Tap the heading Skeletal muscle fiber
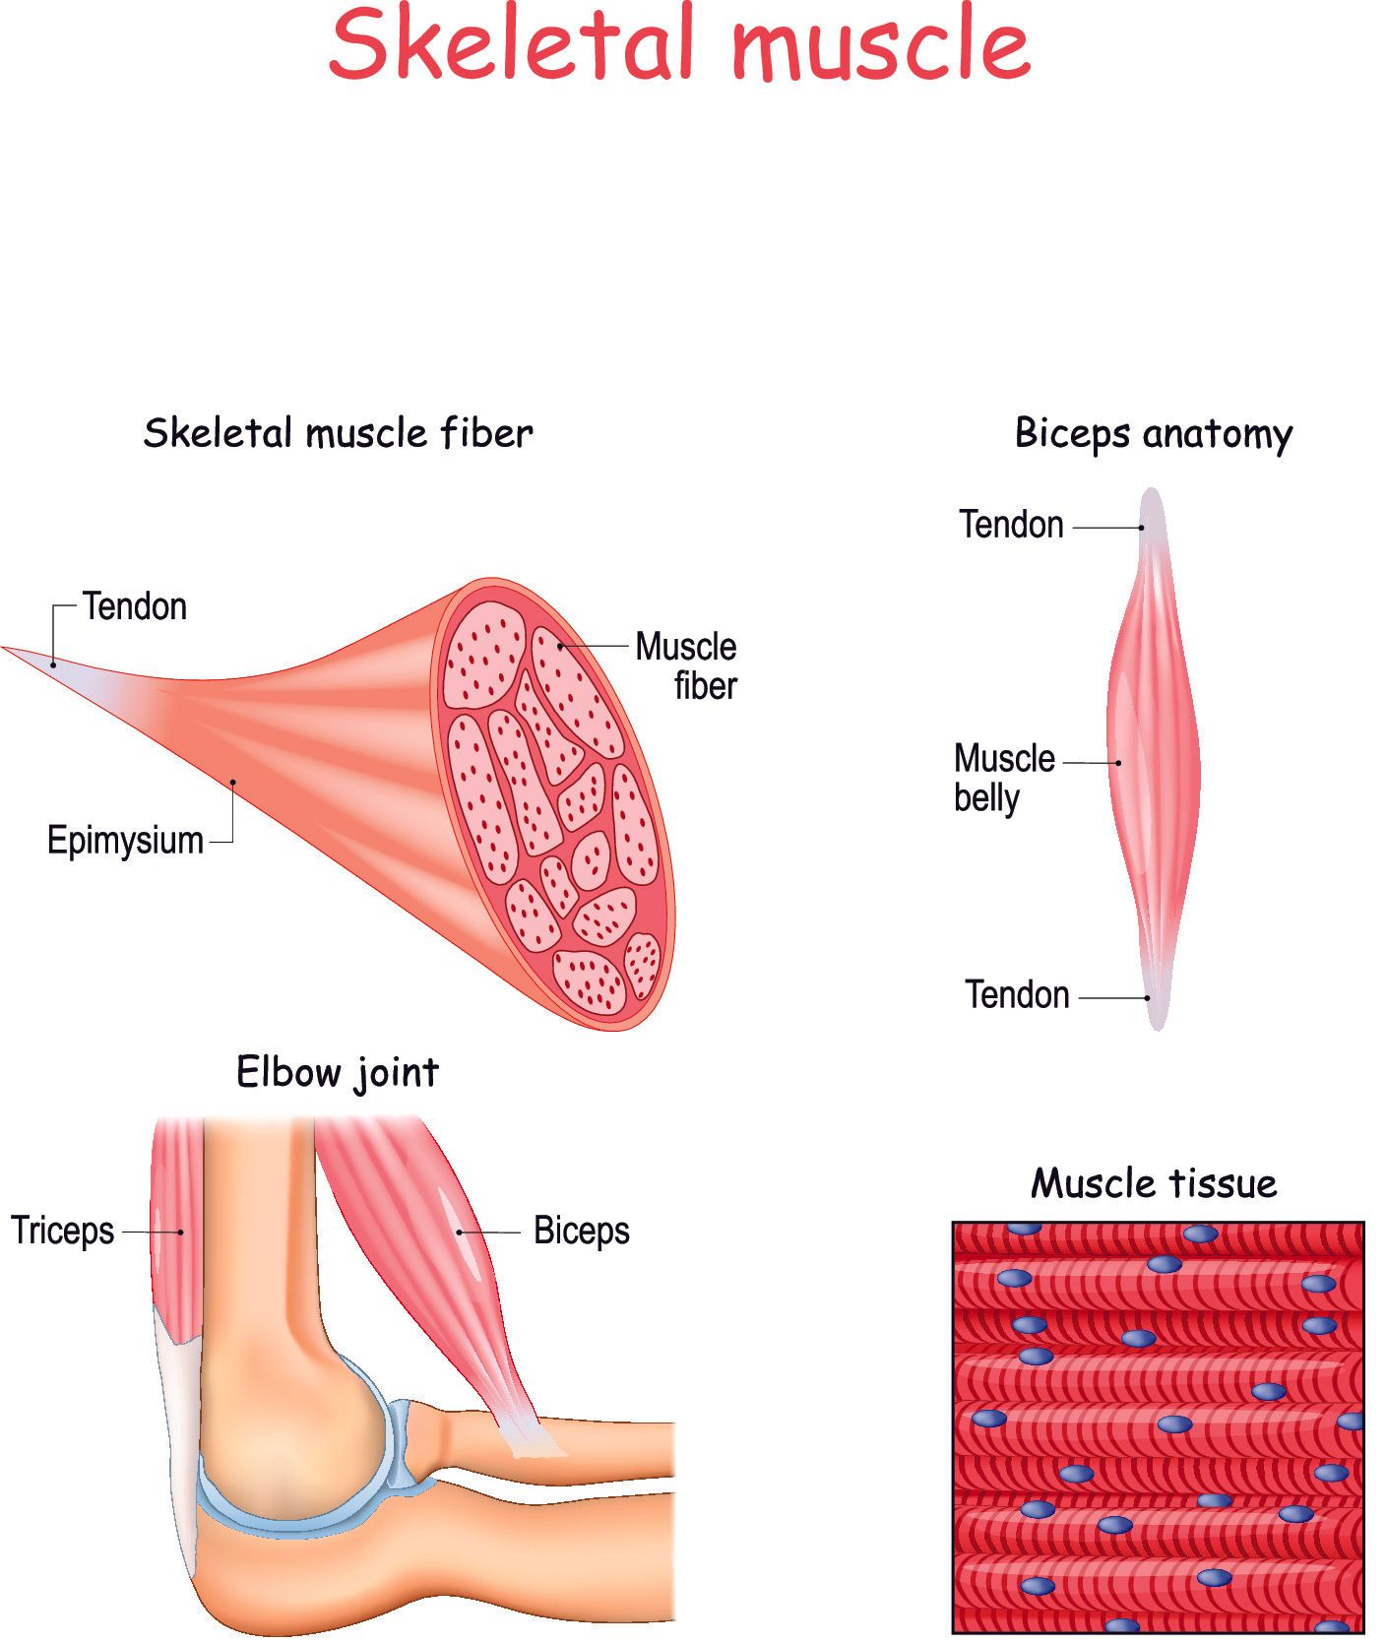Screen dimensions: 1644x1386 338,433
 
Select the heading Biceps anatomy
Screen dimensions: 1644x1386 1153,433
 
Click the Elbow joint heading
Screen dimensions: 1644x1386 338,1072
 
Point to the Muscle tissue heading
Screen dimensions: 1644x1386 1154,1182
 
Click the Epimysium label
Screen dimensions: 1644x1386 125,841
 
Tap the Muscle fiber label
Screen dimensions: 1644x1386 687,666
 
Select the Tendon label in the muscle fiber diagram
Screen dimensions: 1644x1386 135,606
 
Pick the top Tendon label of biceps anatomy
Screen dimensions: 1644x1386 1011,525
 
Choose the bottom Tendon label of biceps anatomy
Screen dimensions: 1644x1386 1017,995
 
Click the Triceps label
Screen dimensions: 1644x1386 63,1231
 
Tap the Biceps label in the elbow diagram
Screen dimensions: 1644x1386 581,1231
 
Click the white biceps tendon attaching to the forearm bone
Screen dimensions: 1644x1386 533,1436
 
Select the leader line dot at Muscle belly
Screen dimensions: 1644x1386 1118,763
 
